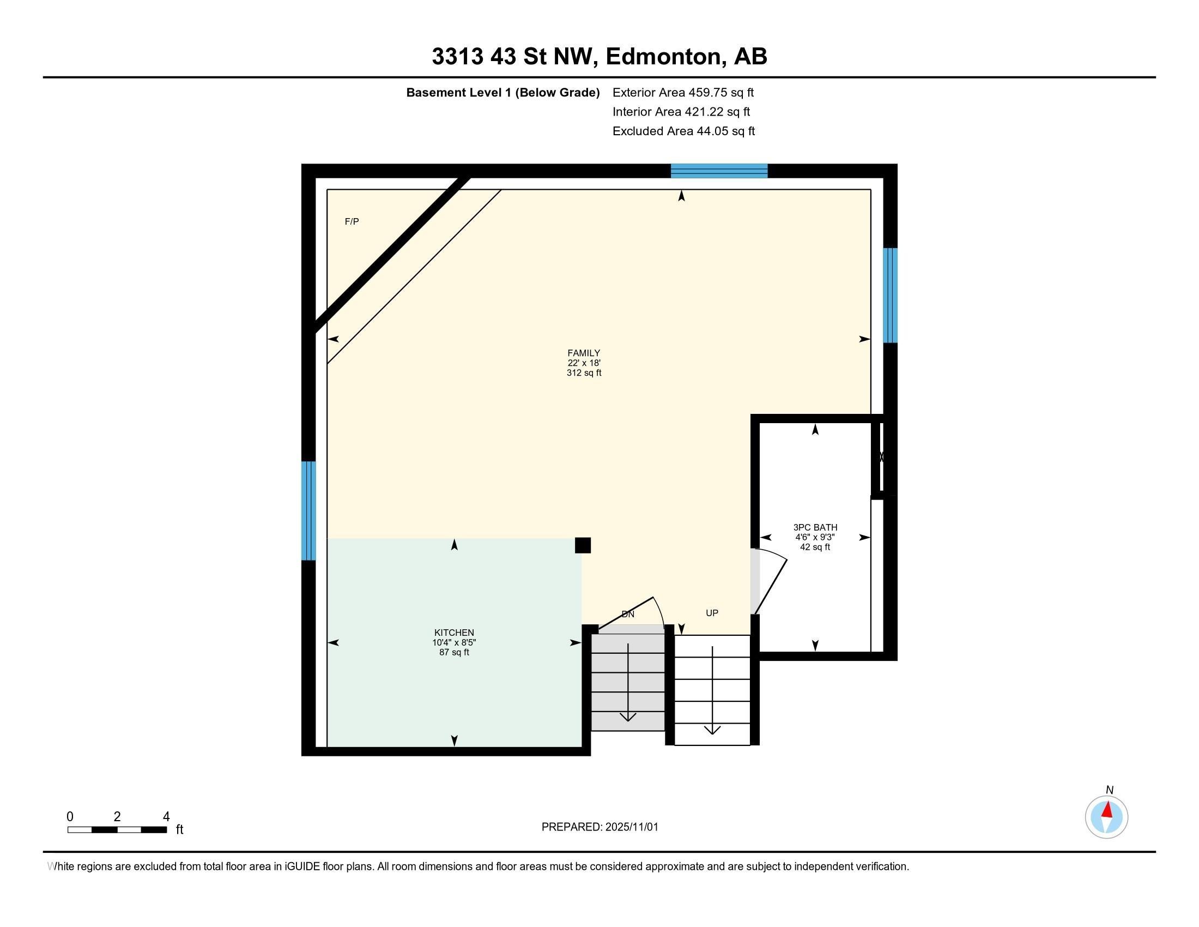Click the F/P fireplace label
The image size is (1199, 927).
(x=352, y=221)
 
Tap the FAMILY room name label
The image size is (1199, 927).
(x=584, y=353)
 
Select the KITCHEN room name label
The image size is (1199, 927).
(x=454, y=633)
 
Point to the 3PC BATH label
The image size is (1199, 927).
(x=815, y=527)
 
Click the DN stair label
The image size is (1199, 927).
(x=627, y=614)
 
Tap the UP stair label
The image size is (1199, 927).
(x=712, y=613)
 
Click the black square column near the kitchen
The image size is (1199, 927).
(x=583, y=545)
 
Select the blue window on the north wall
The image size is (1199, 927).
(x=719, y=171)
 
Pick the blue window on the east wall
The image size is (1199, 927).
(x=890, y=296)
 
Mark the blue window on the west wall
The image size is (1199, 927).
(x=308, y=511)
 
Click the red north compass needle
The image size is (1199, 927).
(x=1108, y=810)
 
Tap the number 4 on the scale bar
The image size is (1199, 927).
(x=166, y=817)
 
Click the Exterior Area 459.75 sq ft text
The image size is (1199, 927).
(x=683, y=92)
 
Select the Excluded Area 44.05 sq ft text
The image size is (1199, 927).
(x=683, y=131)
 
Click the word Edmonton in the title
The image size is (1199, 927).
(x=663, y=57)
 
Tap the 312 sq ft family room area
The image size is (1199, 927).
(x=584, y=373)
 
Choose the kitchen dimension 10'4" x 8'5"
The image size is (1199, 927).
(x=454, y=642)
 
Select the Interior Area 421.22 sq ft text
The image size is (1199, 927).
(x=681, y=111)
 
